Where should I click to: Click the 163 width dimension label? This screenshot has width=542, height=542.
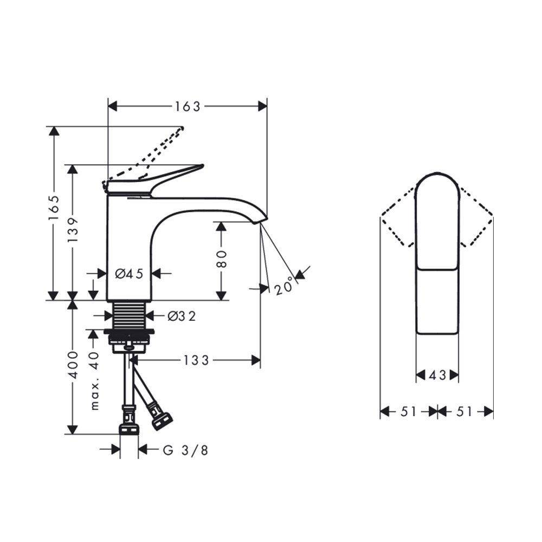click(188, 106)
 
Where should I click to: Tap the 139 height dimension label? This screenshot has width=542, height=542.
click(73, 229)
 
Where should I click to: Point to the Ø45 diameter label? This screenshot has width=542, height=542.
click(129, 274)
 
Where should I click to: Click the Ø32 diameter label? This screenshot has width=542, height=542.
click(182, 315)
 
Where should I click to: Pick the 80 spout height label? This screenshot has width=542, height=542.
click(221, 259)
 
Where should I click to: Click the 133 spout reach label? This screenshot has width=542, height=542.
click(196, 360)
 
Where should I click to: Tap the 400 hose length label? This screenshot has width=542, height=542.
click(73, 365)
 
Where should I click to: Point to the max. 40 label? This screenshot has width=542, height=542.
click(94, 381)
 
